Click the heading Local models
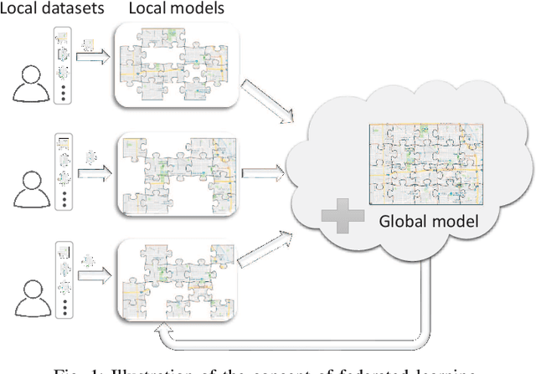pyautogui.click(x=166, y=10)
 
